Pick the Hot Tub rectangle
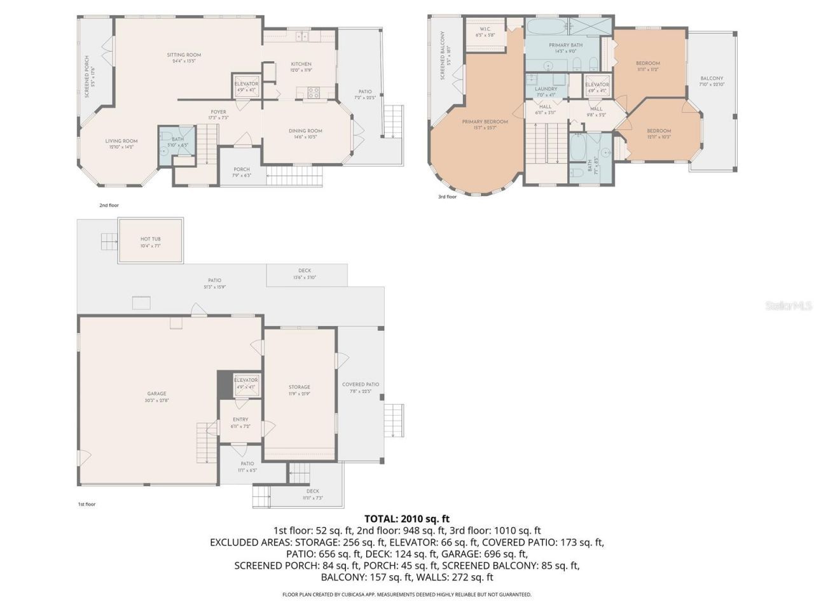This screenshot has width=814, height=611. [151, 241]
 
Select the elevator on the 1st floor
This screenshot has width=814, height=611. [245, 383]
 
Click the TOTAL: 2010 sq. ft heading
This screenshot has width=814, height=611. [407, 519]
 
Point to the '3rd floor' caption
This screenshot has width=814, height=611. [447, 197]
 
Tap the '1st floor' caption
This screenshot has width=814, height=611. [86, 504]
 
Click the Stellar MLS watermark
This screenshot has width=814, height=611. [789, 305]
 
